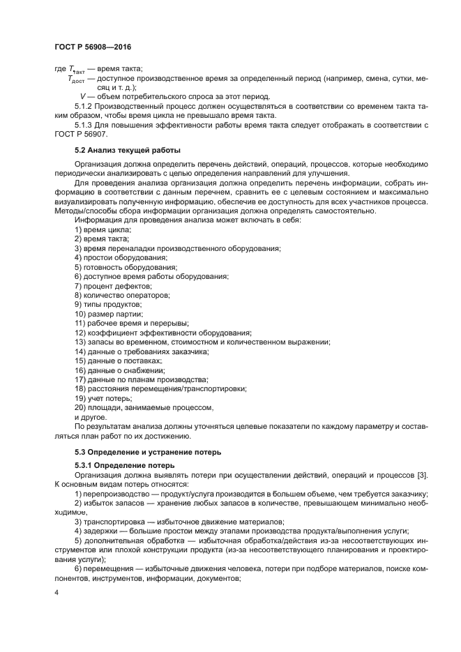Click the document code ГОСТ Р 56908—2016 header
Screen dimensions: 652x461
(x=93, y=47)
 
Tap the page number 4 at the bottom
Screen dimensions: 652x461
(x=56, y=592)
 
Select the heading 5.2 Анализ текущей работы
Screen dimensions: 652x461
(x=118, y=150)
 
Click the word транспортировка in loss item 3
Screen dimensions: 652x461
(x=114, y=522)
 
